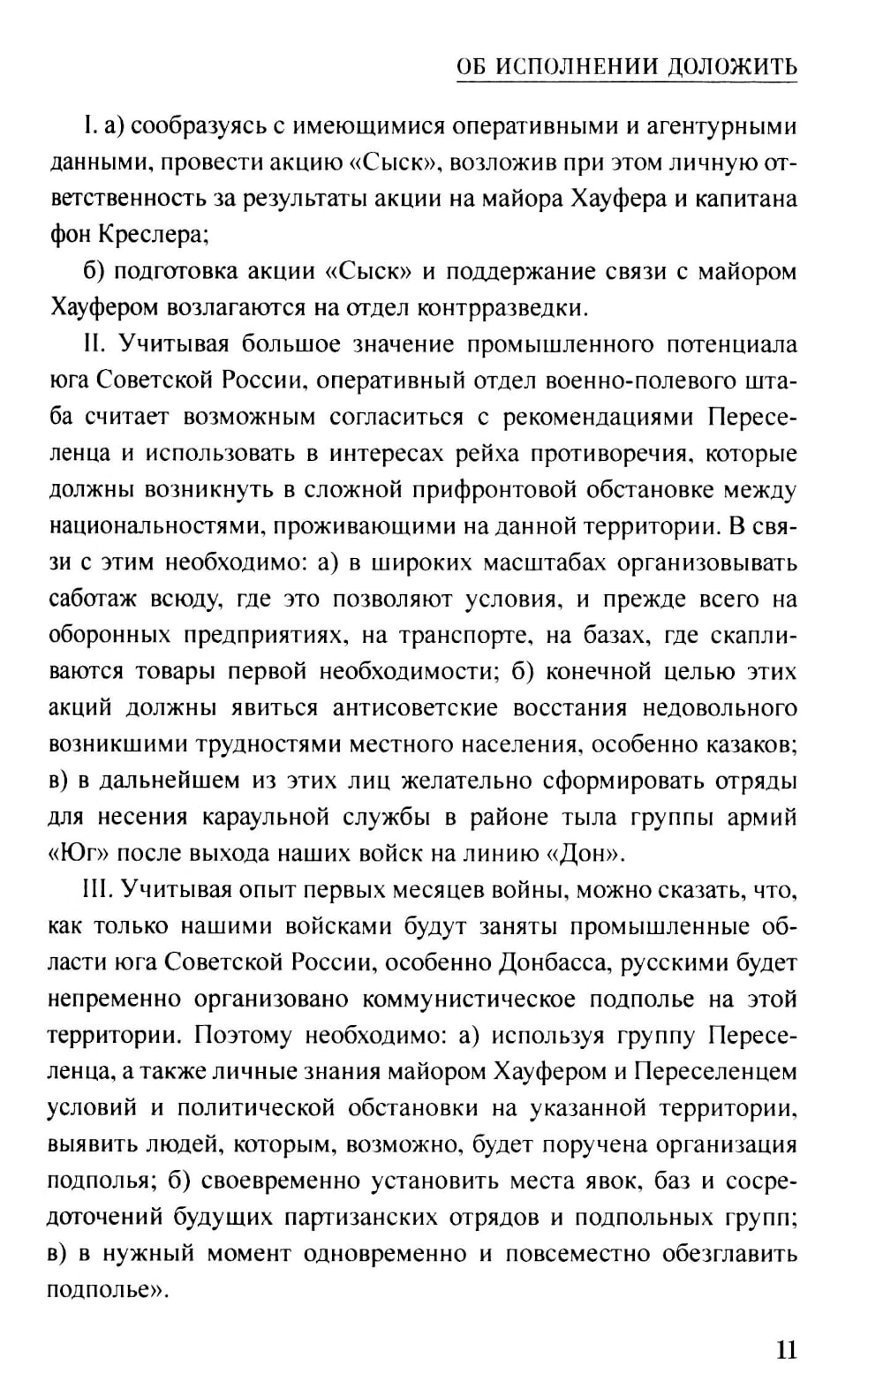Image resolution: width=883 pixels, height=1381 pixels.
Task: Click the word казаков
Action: pyautogui.click(x=748, y=744)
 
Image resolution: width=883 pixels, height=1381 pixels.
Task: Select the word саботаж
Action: pyautogui.click(x=94, y=600)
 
